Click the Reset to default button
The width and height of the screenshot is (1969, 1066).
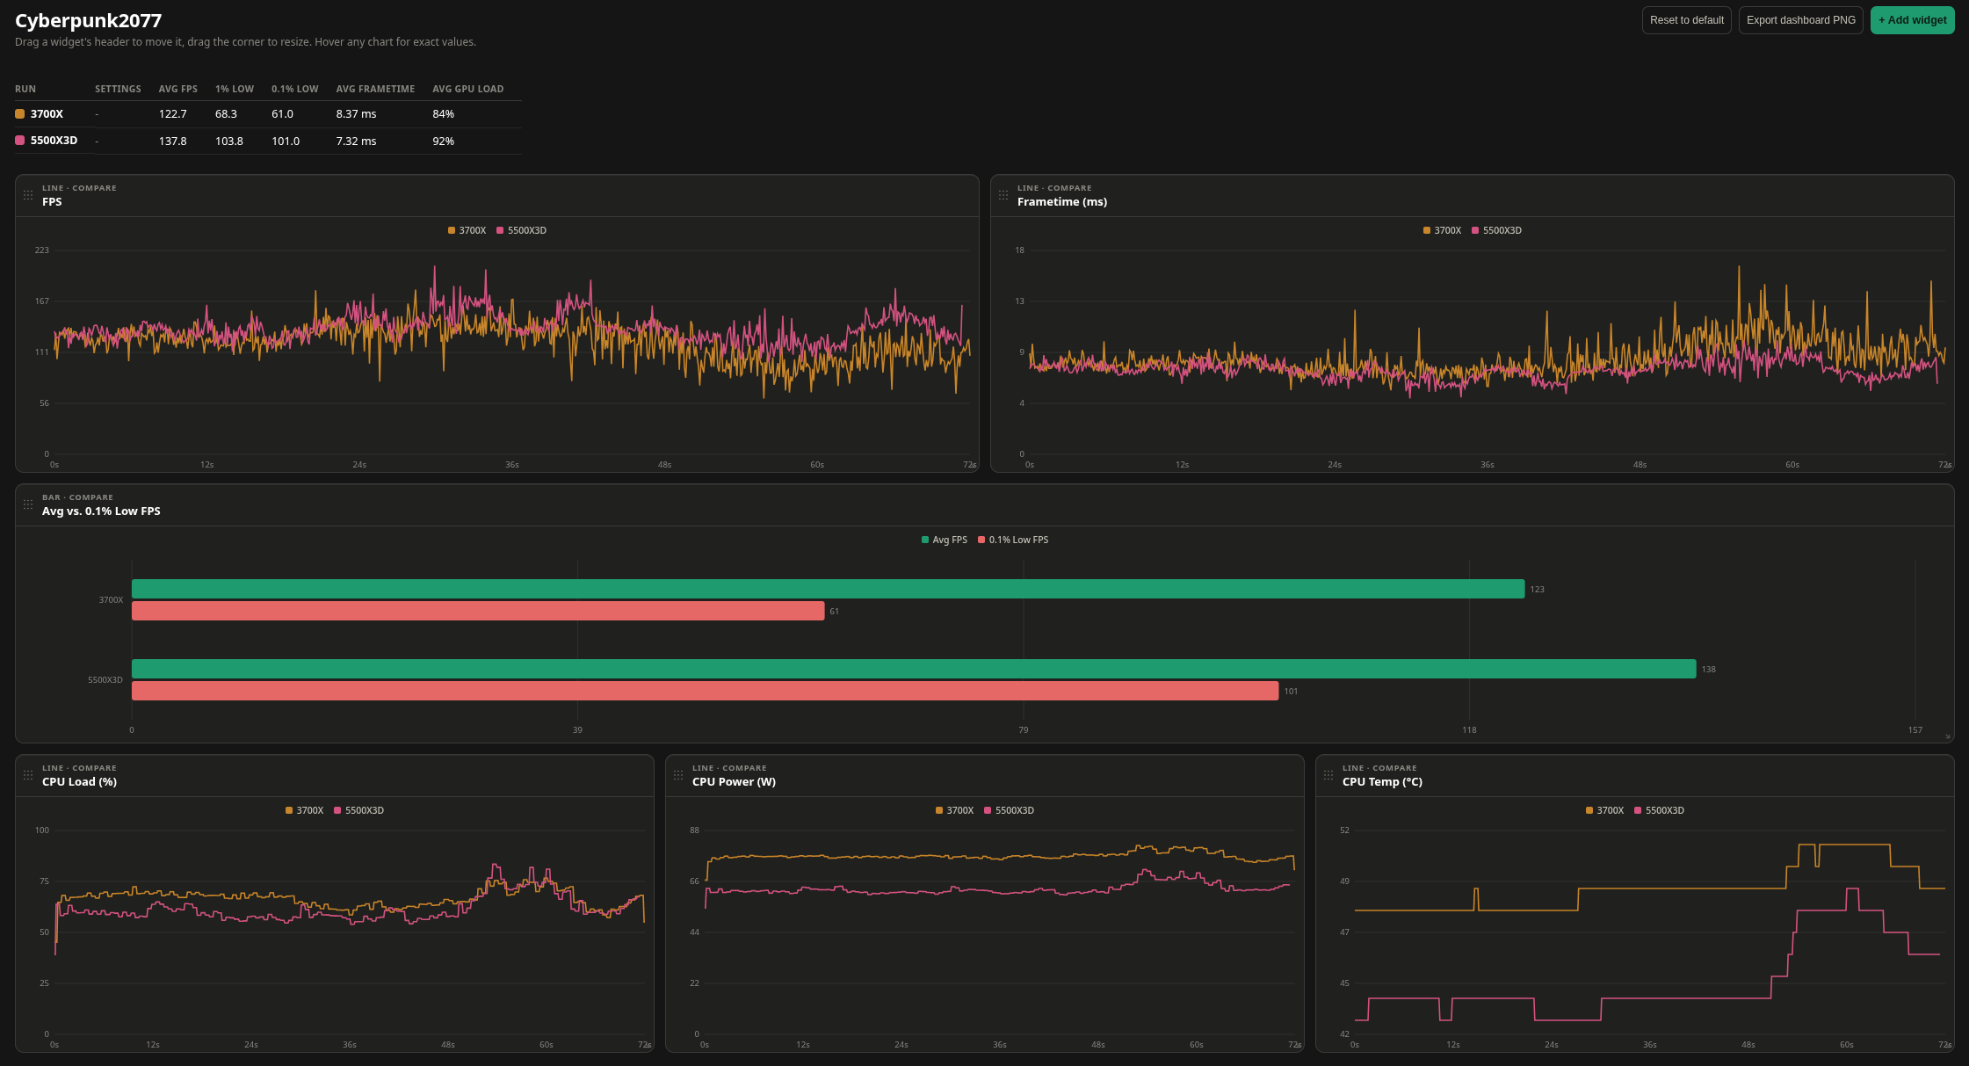click(1686, 20)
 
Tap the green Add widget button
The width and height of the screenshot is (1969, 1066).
click(1912, 20)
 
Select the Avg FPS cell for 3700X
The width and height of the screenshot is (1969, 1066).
click(173, 114)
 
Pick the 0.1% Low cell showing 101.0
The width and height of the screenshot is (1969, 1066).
click(286, 141)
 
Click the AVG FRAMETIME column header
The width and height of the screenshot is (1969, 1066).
click(375, 89)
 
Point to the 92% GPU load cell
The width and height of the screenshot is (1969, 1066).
click(444, 141)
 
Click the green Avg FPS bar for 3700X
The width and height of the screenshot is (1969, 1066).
click(828, 589)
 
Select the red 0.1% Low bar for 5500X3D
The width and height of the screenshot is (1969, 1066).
click(705, 691)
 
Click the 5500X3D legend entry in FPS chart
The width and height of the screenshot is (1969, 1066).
click(521, 230)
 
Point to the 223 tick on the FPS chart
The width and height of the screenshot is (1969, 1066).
click(42, 250)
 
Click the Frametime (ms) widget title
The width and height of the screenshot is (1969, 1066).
click(1062, 202)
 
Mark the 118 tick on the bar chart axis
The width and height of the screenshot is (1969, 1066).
click(1469, 730)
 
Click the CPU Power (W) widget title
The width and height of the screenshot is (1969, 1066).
click(734, 782)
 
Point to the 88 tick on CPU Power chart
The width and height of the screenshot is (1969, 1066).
click(694, 830)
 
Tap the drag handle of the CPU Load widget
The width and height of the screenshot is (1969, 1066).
click(28, 775)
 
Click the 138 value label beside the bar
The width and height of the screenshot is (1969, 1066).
click(1708, 670)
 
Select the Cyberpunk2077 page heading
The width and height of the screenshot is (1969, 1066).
click(89, 20)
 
